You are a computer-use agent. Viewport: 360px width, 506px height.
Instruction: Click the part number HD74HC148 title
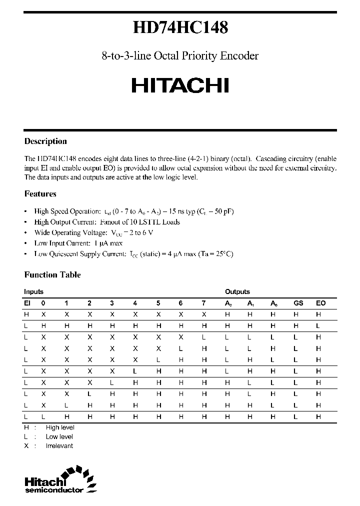pos(180,27)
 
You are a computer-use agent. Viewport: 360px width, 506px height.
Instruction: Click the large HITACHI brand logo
pos(180,85)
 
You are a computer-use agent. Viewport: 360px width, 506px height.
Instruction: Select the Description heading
pos(45,141)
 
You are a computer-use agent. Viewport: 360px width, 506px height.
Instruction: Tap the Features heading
pos(40,193)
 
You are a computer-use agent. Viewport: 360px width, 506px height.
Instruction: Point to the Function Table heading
pos(52,274)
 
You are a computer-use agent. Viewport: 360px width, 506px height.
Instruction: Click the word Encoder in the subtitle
pos(239,56)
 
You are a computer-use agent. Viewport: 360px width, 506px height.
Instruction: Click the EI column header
pos(27,303)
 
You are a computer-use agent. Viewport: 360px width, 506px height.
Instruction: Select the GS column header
pos(298,303)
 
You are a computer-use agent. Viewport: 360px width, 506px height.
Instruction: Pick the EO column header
pos(320,303)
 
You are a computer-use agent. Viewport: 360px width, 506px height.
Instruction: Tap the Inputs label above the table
pos(33,291)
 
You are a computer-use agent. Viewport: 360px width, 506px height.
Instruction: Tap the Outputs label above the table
pos(237,291)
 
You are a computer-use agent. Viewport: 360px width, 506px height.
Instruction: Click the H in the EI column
pos(26,314)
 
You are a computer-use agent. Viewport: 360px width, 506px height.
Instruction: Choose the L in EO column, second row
pos(318,325)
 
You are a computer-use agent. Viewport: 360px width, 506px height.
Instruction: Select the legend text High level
pos(59,427)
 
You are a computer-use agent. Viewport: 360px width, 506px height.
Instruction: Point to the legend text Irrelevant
pos(59,445)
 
